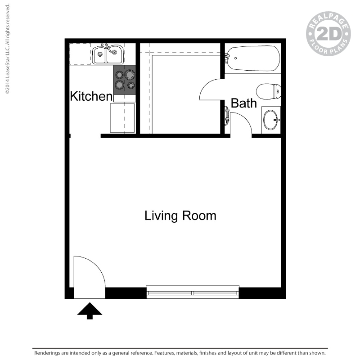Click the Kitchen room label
[x=91, y=96]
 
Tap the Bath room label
[x=243, y=103]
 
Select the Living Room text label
[x=180, y=216]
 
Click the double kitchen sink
[x=108, y=55]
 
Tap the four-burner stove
[x=125, y=80]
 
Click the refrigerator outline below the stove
[x=122, y=117]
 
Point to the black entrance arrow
[x=90, y=310]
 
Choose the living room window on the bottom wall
[x=193, y=292]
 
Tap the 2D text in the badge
[x=328, y=34]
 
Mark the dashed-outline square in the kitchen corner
[x=80, y=54]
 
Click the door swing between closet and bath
[x=211, y=90]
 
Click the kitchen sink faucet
[x=107, y=47]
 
